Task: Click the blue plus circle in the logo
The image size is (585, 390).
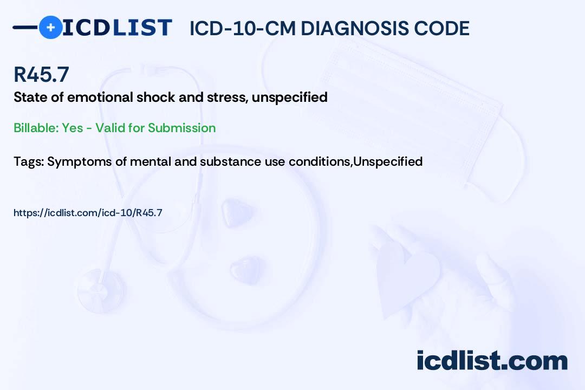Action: [x=50, y=27]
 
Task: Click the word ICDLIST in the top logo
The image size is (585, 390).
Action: [x=117, y=28]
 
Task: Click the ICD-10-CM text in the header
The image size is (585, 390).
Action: [x=243, y=28]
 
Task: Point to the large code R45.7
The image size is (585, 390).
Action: [x=41, y=74]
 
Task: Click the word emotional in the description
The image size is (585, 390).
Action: [x=100, y=97]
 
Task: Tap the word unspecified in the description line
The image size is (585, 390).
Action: [x=289, y=97]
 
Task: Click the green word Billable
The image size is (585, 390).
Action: [x=36, y=128]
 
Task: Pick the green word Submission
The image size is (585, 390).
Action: [x=181, y=128]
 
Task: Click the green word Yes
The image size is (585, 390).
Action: [x=73, y=128]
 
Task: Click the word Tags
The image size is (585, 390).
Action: [x=29, y=161]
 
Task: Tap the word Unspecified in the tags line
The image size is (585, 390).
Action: [x=388, y=161]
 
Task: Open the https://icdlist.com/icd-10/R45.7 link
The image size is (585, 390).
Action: [x=88, y=213]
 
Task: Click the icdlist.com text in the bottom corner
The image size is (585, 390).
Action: [x=492, y=361]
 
